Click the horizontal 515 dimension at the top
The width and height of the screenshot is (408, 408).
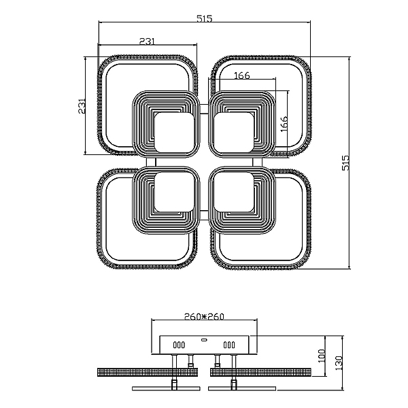pos(204,19)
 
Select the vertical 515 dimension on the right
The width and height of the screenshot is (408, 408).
pos(345,163)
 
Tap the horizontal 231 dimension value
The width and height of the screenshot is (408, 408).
pos(147,41)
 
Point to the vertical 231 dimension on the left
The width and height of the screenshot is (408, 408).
pos(82,105)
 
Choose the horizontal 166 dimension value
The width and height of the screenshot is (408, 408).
pos(241,75)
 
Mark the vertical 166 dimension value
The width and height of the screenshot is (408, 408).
pos(284,124)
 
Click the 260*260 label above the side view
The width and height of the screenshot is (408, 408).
pos(204,316)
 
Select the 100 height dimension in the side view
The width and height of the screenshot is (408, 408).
pos(322,356)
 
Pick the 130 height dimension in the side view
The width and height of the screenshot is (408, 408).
pos(339,363)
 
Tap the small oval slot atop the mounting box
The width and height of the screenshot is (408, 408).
pos(204,339)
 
